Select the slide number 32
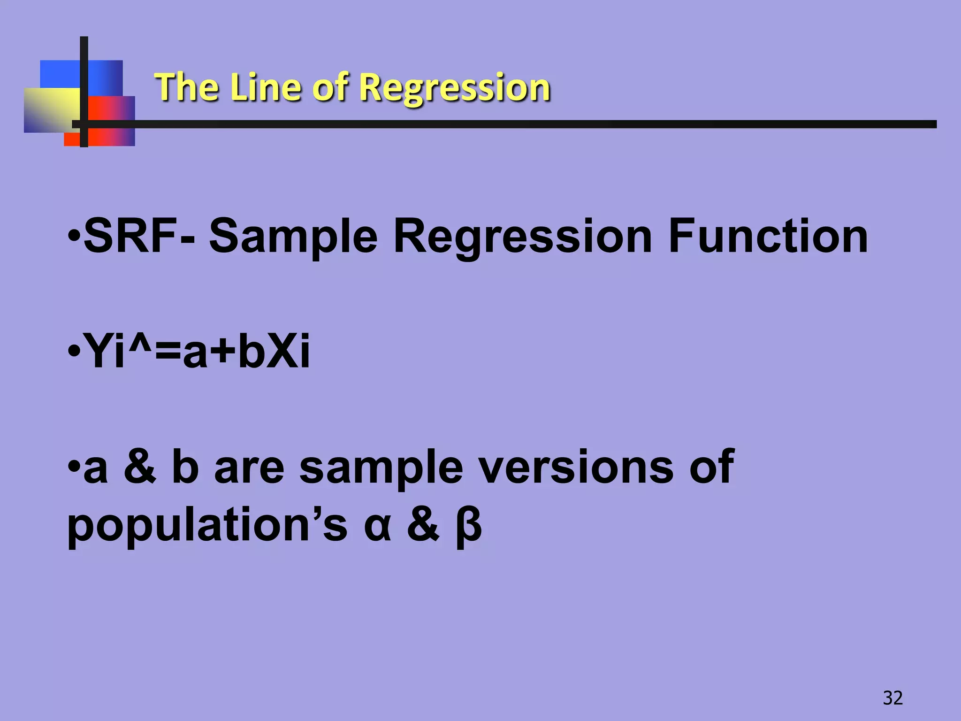pyautogui.click(x=892, y=698)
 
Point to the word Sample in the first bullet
pyautogui.click(x=293, y=237)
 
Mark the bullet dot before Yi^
pyautogui.click(x=74, y=351)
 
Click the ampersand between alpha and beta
pyautogui.click(x=423, y=525)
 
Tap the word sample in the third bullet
pyautogui.click(x=381, y=468)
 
